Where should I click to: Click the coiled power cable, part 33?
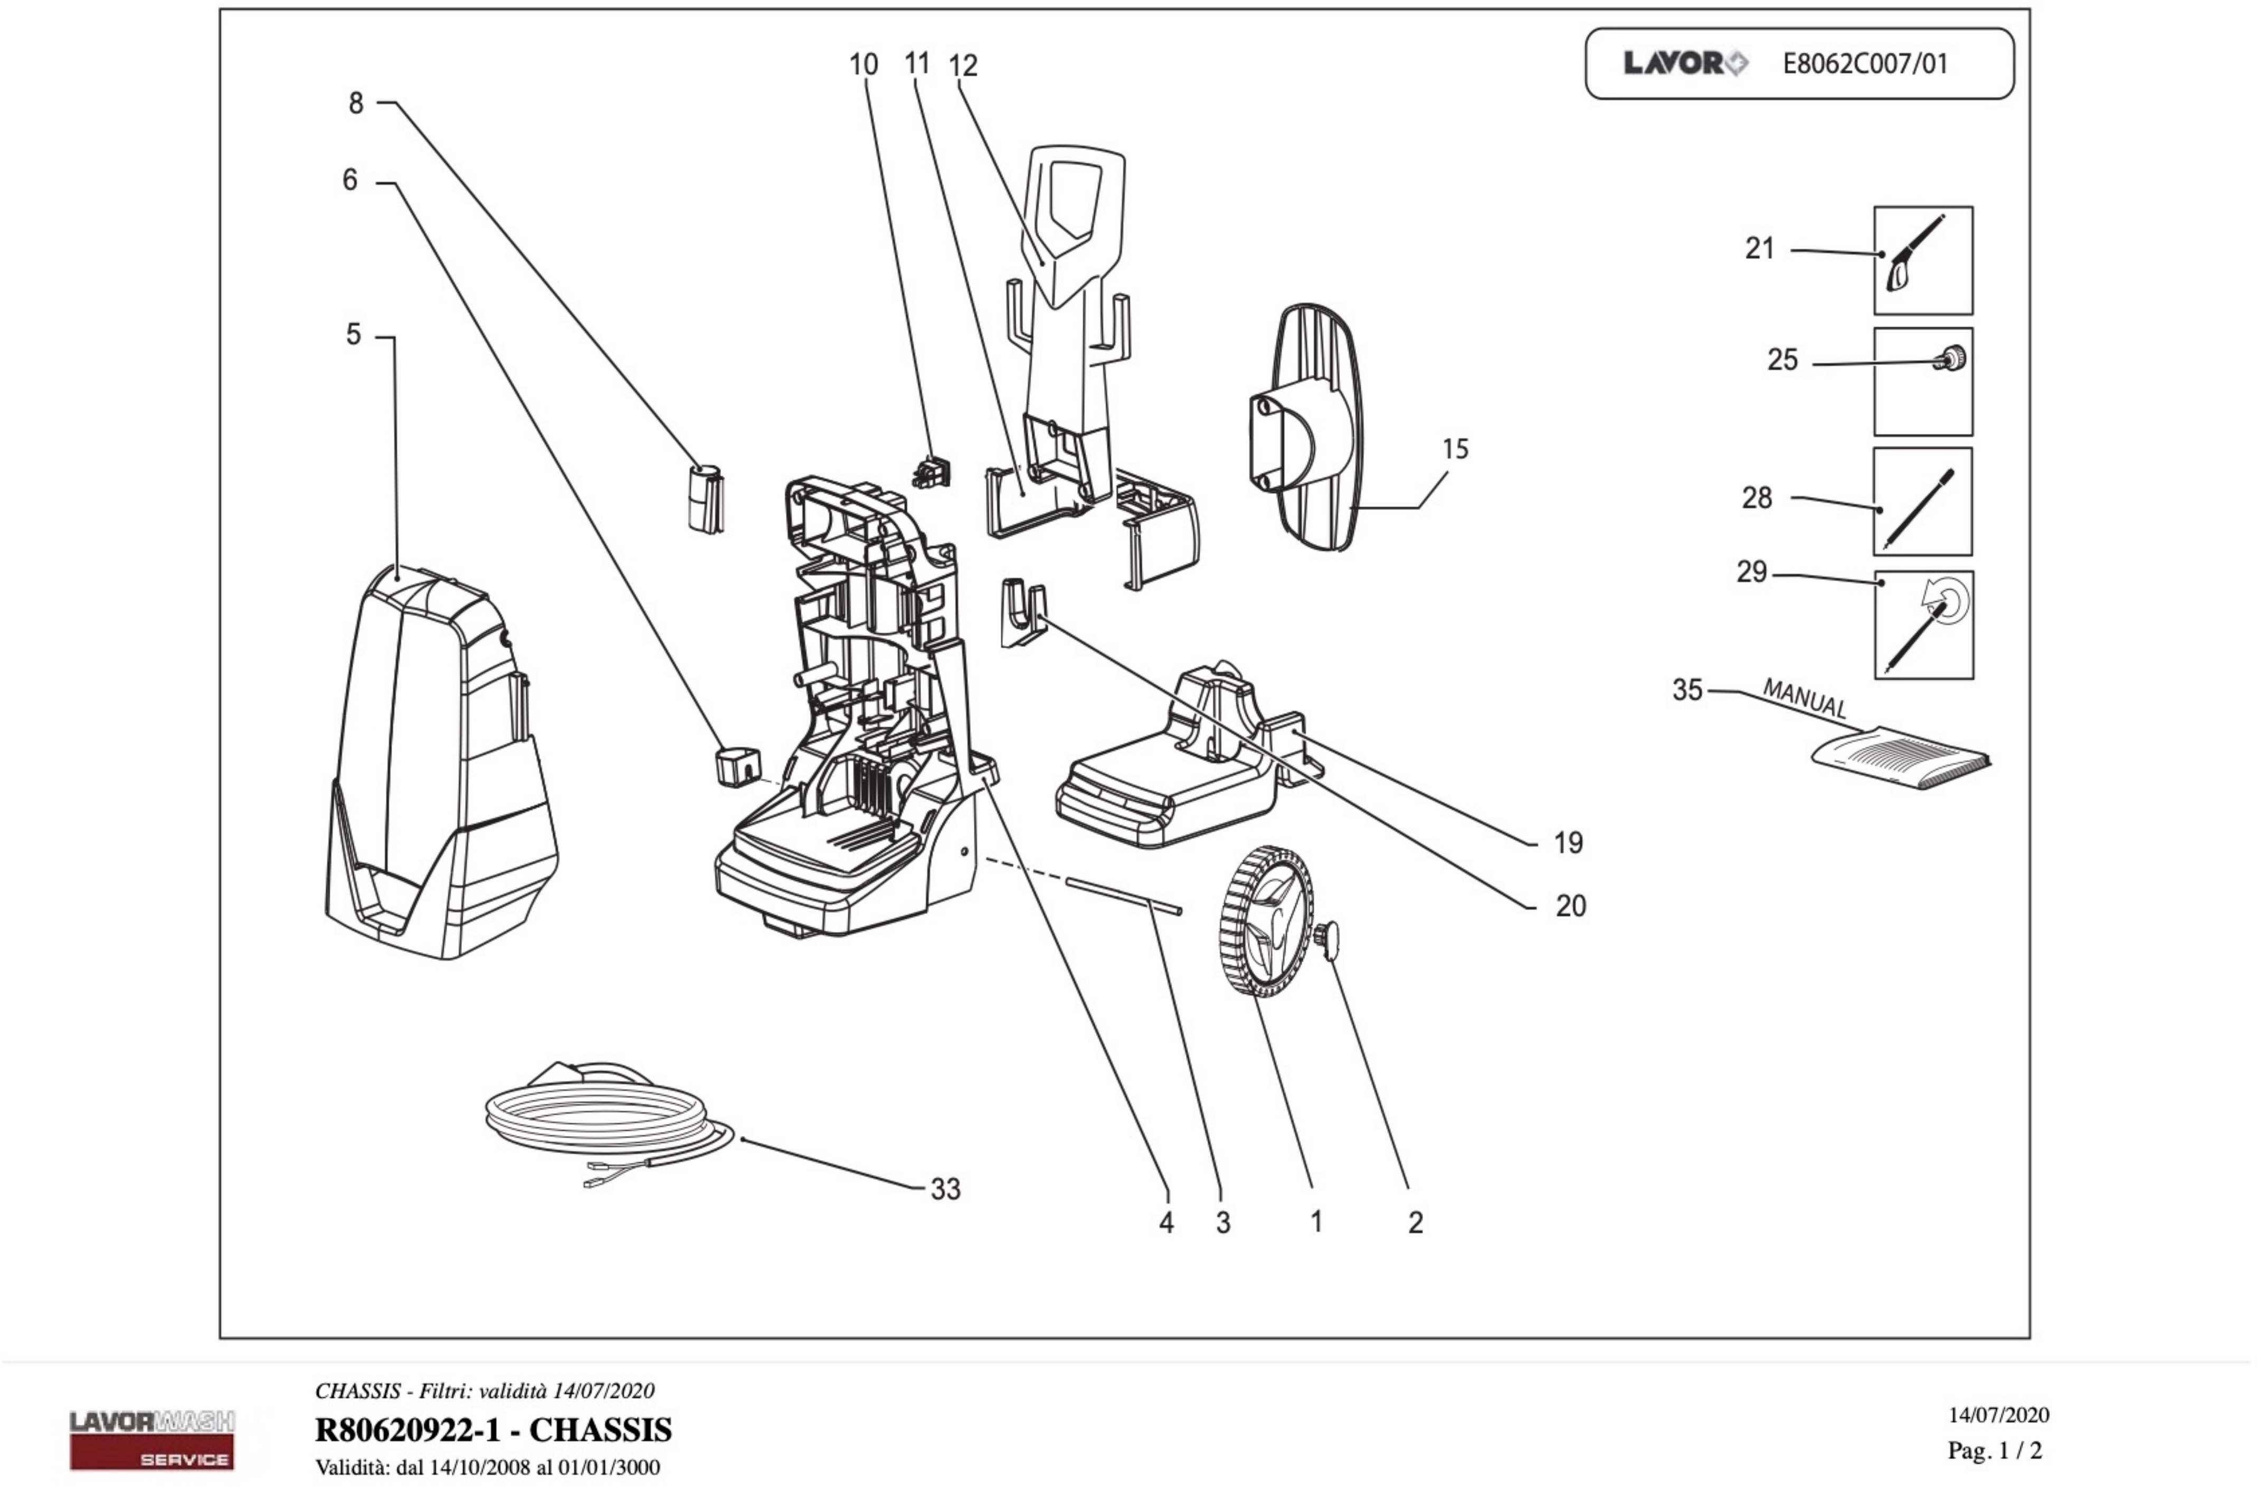click(607, 1119)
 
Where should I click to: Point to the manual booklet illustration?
click(1901, 756)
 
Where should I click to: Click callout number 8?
click(356, 102)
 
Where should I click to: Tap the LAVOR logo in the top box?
click(1685, 63)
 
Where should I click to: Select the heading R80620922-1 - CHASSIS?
click(493, 1429)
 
